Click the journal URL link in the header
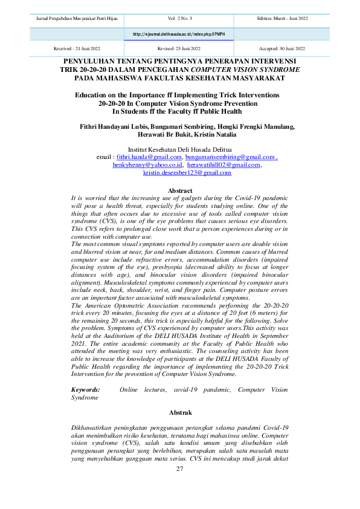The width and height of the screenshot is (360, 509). point(179,34)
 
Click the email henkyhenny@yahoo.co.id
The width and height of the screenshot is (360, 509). point(147,164)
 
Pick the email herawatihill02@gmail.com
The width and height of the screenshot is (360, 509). point(223,164)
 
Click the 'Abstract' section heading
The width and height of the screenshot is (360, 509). point(179,190)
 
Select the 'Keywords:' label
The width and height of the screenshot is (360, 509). point(86,391)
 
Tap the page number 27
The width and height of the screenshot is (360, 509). point(179,470)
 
